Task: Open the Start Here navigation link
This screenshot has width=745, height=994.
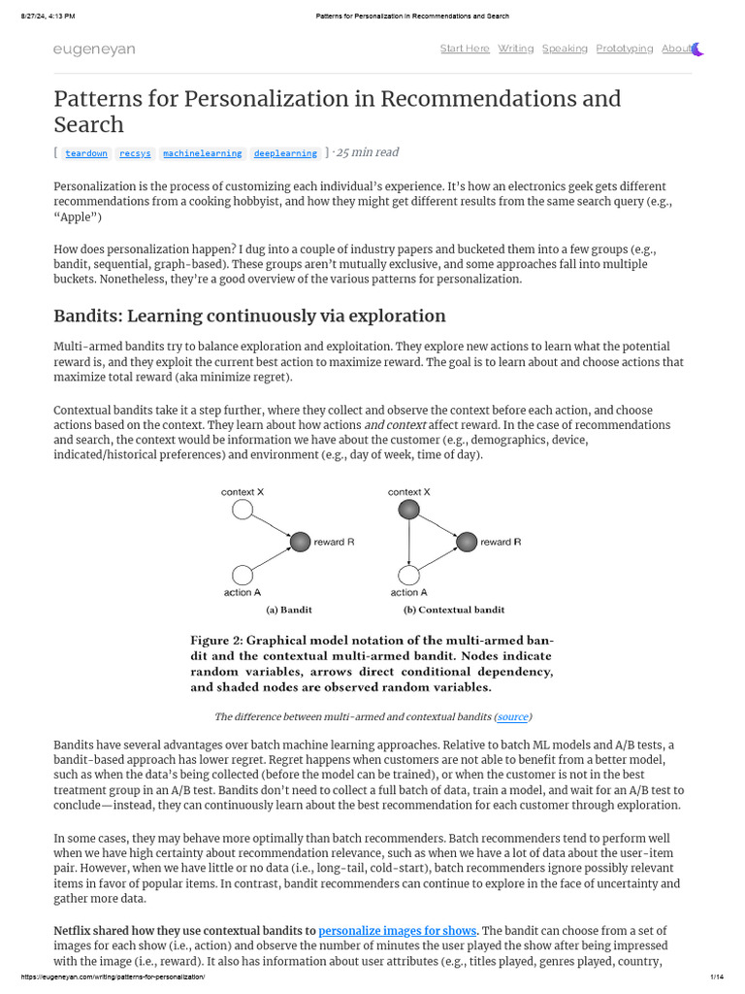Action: pos(465,49)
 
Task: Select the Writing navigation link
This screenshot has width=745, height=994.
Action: pos(516,49)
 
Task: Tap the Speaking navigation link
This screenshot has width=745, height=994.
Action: pos(565,49)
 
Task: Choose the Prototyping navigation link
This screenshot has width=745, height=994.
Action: pos(625,49)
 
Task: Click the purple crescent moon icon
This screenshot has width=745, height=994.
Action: pos(696,49)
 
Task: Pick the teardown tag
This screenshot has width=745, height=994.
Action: pos(86,153)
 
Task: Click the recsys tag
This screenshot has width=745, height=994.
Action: pos(135,153)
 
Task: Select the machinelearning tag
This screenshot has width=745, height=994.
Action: pos(202,153)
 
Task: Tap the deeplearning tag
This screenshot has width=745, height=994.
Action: pos(285,153)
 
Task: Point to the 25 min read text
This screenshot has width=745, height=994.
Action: pos(367,152)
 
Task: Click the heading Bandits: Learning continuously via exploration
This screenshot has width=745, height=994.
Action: pos(249,315)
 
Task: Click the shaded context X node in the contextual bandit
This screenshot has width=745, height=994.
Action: pos(409,510)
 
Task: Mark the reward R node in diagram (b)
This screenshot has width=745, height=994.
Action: pos(467,542)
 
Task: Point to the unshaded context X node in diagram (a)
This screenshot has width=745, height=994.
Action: pos(243,510)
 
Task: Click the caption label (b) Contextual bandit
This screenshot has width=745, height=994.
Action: pos(454,611)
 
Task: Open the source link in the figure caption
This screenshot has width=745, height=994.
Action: pos(512,716)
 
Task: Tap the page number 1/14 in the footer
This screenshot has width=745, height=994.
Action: pos(718,977)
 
